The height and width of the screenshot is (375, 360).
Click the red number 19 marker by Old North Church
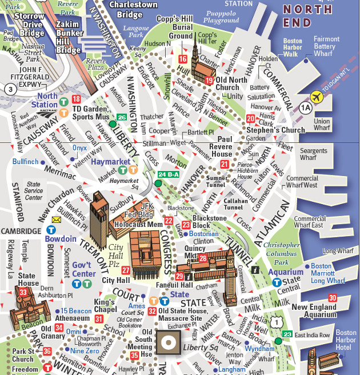(209, 81)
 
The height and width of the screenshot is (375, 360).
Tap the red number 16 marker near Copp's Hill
(183, 59)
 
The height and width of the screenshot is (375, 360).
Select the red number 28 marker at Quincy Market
(203, 259)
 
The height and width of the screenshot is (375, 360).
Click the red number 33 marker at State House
(23, 292)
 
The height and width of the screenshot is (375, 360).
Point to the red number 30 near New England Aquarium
(333, 298)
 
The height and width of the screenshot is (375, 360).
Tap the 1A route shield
(306, 106)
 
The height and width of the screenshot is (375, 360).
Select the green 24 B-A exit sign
(169, 174)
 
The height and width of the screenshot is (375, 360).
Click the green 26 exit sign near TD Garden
(121, 117)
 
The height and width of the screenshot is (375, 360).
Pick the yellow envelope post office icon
(57, 219)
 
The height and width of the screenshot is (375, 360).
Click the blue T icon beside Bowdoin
(51, 229)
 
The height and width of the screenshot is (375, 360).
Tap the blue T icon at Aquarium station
(276, 282)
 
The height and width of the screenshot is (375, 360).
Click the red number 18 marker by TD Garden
(77, 100)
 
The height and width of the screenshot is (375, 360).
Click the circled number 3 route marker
(10, 89)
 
